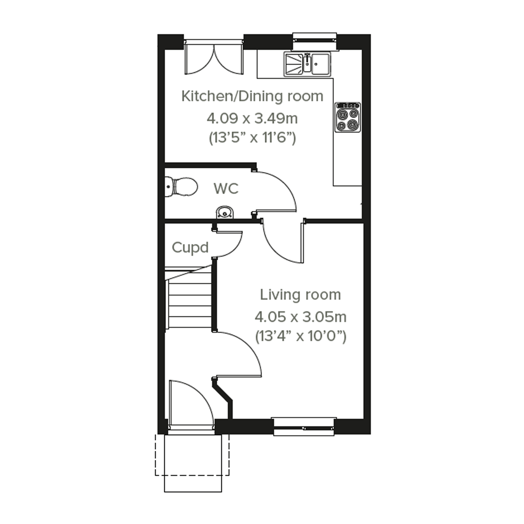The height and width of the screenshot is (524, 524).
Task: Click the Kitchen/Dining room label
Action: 252,96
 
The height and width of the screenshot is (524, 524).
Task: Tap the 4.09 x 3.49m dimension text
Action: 252,119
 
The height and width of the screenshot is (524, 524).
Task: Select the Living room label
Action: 300,295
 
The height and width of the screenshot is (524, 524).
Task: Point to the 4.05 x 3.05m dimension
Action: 300,317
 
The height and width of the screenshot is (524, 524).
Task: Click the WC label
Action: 226,188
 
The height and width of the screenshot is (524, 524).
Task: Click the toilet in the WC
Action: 181,187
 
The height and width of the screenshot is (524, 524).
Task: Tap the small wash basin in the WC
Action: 225,212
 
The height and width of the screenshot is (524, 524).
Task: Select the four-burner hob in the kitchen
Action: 348,117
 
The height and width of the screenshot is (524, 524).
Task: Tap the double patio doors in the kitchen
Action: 214,57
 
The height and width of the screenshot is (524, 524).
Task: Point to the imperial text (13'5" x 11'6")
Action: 252,138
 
